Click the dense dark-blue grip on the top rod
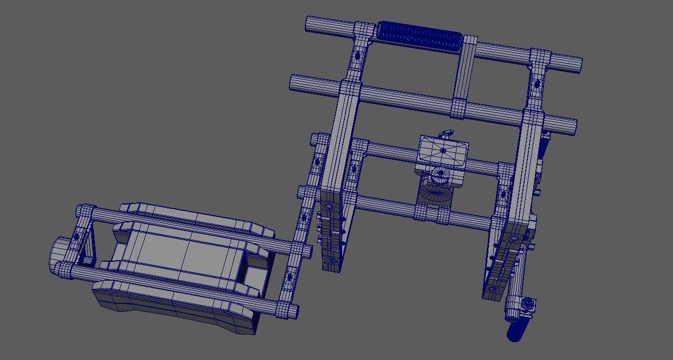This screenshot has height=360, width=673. [x=420, y=35]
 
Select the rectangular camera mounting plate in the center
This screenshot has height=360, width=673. [x=443, y=152]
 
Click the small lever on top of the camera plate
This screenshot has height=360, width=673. [x=446, y=133]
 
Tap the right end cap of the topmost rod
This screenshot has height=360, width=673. [x=578, y=64]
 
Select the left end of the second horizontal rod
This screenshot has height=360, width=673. [x=294, y=83]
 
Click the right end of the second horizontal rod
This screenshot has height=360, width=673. [x=573, y=127]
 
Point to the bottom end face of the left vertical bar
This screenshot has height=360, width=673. [x=330, y=264]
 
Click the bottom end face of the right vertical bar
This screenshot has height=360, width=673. [x=492, y=294]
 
